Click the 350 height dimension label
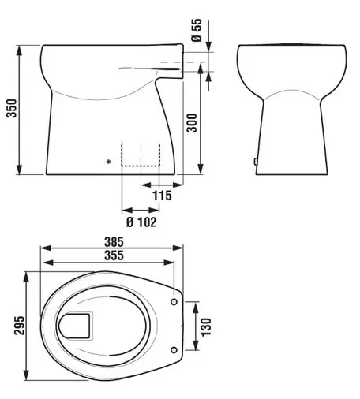click(12, 108)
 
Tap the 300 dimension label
click(192, 123)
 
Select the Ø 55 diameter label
click(197, 30)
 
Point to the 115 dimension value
click(162, 196)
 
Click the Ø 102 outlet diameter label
click(141, 222)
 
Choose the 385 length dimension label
click(114, 242)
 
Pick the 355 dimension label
click(114, 255)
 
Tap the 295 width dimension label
click(19, 326)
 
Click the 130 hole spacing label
click(206, 326)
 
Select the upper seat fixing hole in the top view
click(174, 302)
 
